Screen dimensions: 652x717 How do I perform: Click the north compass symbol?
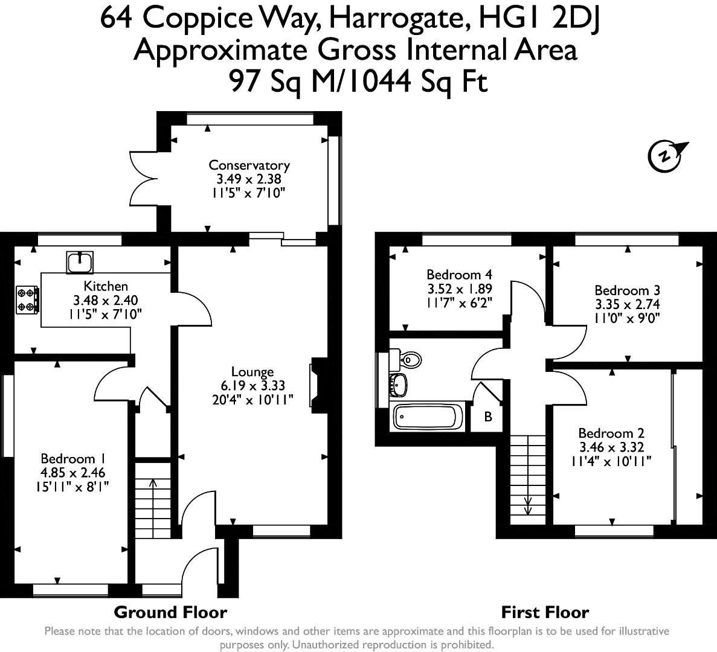pos(664,156)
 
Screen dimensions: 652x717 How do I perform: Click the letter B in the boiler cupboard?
pos(488,417)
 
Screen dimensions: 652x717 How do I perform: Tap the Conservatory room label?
pos(249,165)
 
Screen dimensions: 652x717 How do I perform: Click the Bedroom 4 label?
pos(455,275)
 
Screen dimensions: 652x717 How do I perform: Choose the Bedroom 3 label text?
pos(626,290)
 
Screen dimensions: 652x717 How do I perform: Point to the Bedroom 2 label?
pos(611,433)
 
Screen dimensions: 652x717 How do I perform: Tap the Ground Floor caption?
pos(170,612)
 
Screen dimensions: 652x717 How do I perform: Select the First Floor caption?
pos(545,612)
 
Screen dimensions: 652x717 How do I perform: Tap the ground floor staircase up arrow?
pos(151,483)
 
